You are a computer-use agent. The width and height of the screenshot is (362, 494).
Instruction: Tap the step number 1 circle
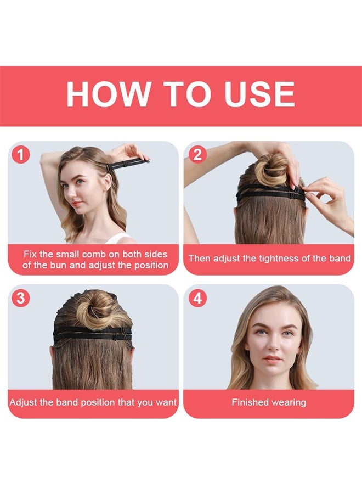point(21,155)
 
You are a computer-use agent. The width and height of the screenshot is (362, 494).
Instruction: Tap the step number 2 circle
point(196,155)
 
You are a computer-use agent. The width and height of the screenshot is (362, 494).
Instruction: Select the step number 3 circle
point(21,298)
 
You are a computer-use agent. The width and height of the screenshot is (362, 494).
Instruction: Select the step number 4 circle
point(196,298)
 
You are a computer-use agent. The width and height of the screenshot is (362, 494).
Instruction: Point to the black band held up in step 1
point(127,164)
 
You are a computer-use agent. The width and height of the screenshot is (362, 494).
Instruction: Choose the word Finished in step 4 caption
point(250,402)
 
